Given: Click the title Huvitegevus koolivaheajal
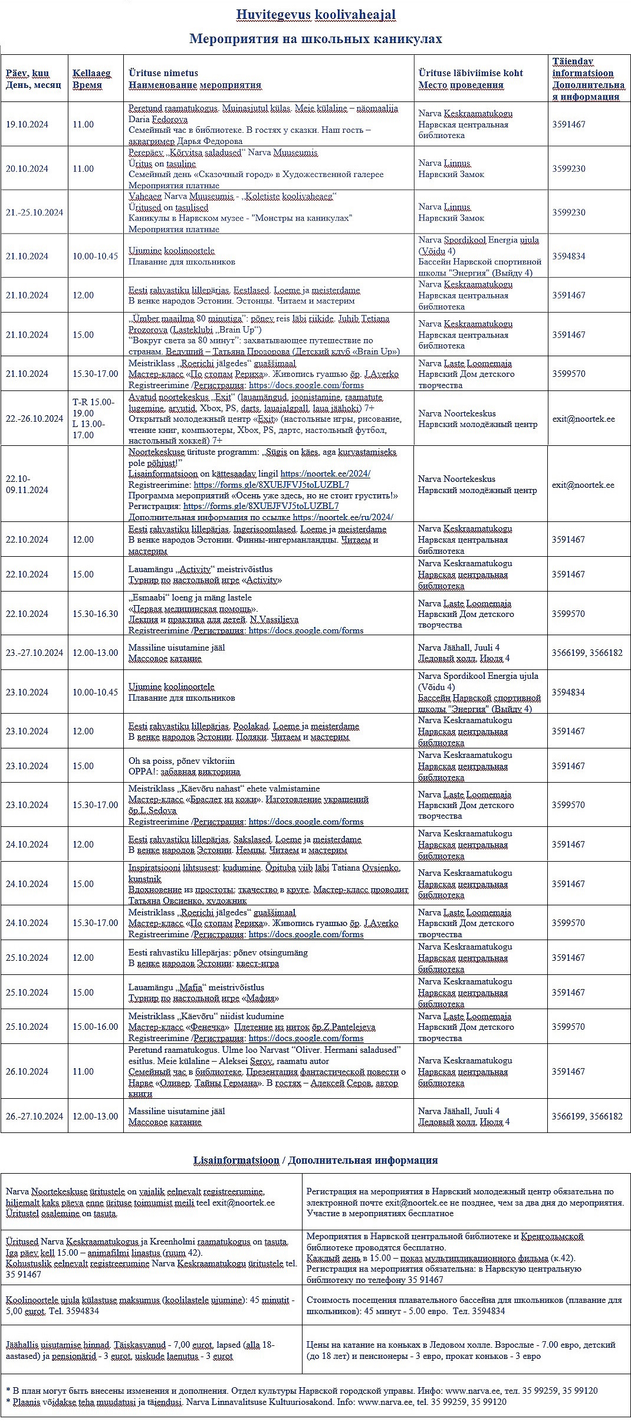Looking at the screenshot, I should click(315, 15).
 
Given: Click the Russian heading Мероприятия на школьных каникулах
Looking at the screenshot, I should click(315, 39).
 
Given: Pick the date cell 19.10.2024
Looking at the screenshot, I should click(27, 124).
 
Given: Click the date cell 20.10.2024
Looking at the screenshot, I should click(27, 169).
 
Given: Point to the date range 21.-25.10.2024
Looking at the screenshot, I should click(34, 212).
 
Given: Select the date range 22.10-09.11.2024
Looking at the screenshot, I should click(27, 484).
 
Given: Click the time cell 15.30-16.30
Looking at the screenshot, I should click(95, 613).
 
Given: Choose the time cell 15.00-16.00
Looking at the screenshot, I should click(95, 1026).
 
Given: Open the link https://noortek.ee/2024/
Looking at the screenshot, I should click(325, 474).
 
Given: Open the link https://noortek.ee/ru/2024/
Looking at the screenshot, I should click(343, 517).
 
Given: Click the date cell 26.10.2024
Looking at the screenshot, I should click(27, 1071).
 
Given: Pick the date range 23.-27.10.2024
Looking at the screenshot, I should click(34, 652).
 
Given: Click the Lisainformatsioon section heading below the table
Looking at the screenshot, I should click(236, 1160).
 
